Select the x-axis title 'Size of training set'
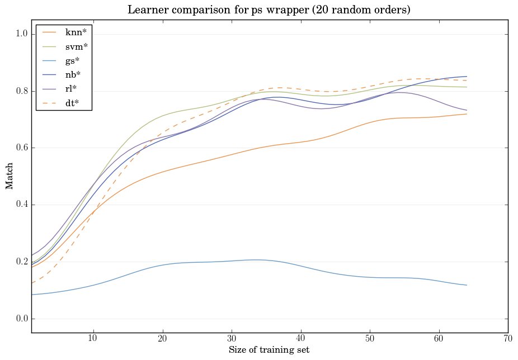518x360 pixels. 269,350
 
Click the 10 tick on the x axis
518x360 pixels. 93,339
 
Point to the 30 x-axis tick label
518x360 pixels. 232,339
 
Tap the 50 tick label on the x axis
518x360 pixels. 370,339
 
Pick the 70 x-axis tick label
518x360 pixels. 508,339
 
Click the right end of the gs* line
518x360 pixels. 467,285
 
